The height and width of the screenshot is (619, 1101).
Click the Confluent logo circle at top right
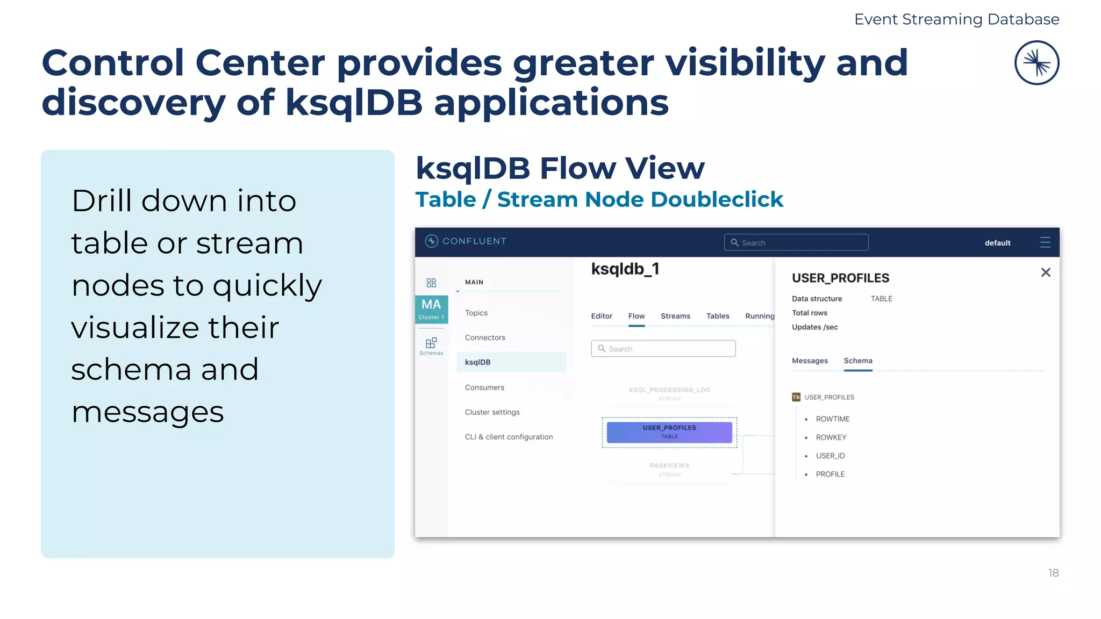coord(1036,63)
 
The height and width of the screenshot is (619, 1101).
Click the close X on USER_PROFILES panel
coord(1045,272)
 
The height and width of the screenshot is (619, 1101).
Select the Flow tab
coord(636,316)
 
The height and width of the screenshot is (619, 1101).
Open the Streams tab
coord(675,316)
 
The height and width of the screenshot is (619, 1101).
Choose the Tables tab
coord(717,316)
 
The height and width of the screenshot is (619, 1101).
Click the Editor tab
coord(602,316)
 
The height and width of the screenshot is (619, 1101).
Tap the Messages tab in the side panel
coord(809,361)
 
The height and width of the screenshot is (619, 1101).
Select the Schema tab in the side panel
coord(857,361)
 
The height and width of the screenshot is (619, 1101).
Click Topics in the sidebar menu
coord(476,313)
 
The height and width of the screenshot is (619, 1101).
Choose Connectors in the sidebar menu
coord(485,337)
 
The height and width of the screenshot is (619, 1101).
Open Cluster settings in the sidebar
coord(492,412)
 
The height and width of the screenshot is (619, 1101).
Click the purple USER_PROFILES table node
coord(669,432)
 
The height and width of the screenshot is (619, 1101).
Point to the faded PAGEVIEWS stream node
coord(669,469)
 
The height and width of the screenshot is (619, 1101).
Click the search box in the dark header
coord(796,242)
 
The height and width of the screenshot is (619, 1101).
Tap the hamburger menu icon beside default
coord(1045,242)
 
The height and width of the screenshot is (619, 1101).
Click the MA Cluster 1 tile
coord(431,309)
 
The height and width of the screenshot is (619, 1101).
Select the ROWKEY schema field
coord(831,437)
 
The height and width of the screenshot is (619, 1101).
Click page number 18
coord(1053,573)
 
